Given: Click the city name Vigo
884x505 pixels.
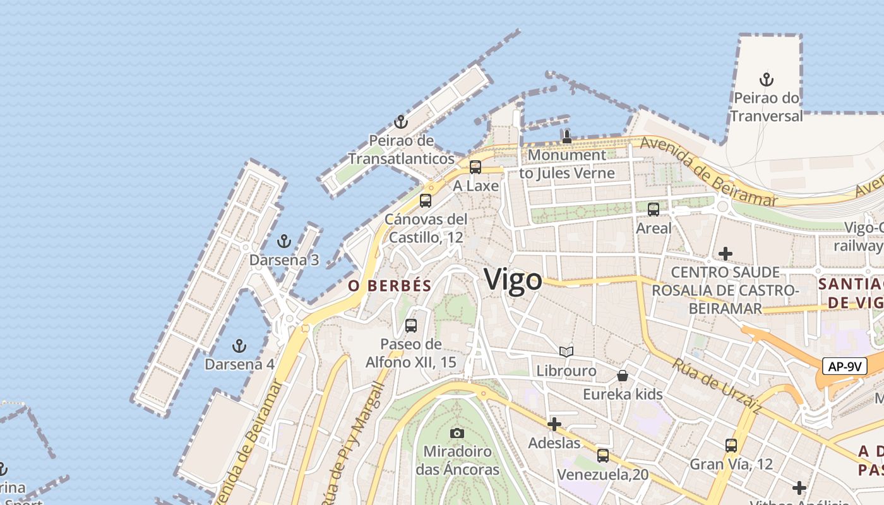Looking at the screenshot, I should coord(513,280).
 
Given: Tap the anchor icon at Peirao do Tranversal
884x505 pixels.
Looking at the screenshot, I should coord(767,80).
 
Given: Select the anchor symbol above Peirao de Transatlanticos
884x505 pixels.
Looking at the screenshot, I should coord(400,122).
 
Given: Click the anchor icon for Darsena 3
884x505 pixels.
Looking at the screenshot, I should coord(284,241).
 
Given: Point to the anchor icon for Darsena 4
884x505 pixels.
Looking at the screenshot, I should coord(239,346).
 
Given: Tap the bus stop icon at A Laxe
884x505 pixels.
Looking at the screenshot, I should coord(475,167).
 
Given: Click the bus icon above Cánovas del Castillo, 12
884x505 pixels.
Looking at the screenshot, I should coord(426,201).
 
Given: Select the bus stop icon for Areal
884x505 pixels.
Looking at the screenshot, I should coord(654,210).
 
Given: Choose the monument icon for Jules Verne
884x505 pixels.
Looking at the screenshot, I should coord(566,137).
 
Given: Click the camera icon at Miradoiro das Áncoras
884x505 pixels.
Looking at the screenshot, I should coord(457,433).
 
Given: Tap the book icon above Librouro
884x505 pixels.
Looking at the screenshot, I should coord(566,352).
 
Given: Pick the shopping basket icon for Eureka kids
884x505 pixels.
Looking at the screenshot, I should coord(623,376).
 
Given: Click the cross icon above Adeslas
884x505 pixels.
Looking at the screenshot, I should coord(554,424).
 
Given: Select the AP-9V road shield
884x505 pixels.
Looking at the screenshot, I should coord(845,366).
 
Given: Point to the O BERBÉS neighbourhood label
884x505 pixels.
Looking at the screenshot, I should coord(390,286).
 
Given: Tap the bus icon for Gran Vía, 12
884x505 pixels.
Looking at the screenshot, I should coord(731,445).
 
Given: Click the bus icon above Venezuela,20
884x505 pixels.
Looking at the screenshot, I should coord(603,455).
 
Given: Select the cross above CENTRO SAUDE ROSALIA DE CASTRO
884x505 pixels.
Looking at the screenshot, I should coord(726,254).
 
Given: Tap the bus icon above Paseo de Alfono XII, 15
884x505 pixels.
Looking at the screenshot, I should coord(411,326).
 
